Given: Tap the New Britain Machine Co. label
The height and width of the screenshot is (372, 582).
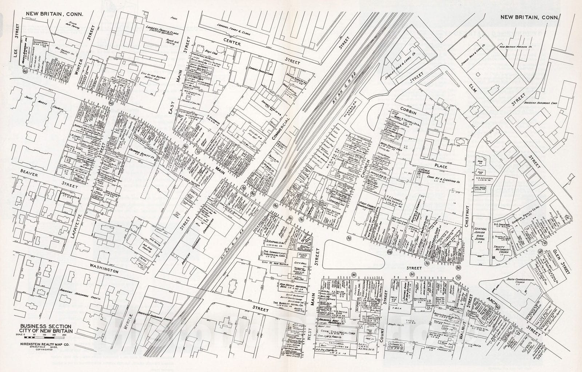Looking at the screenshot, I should pyautogui.click(x=523, y=47).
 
